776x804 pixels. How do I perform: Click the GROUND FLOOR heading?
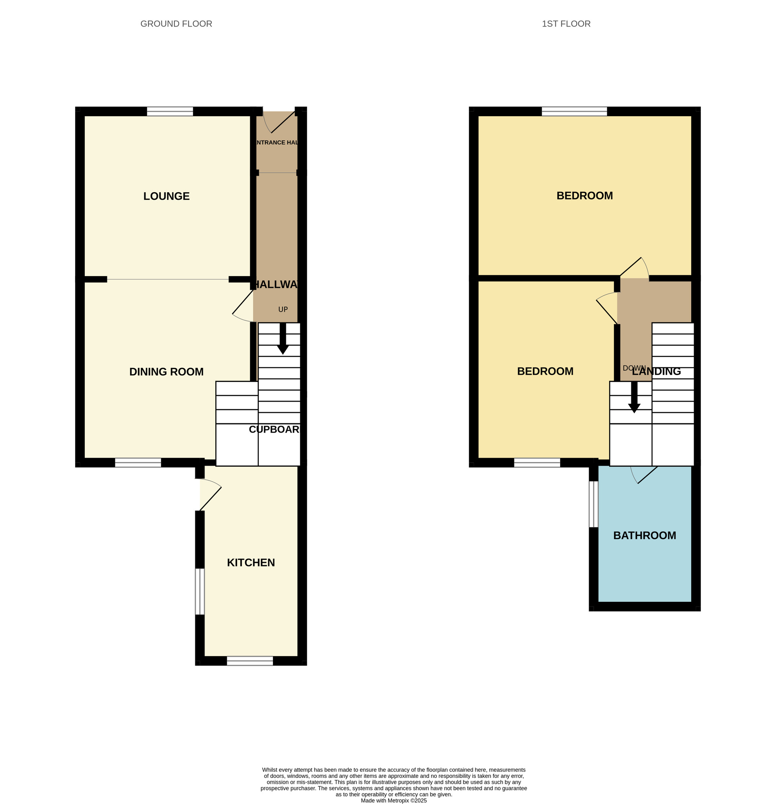click(176, 24)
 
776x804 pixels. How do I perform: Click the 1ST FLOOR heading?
click(565, 24)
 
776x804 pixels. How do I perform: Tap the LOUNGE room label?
click(166, 196)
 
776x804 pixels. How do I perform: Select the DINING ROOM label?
click(166, 371)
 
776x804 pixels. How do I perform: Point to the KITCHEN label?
click(251, 562)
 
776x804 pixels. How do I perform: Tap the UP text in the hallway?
click(283, 310)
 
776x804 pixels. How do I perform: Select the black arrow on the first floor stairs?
click(634, 398)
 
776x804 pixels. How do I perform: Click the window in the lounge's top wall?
click(170, 111)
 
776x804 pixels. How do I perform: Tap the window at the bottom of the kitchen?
click(250, 660)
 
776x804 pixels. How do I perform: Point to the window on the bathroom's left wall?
click(593, 504)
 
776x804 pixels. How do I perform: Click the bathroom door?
click(647, 475)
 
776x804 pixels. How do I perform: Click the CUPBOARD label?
click(274, 429)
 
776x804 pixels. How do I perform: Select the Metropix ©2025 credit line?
click(393, 800)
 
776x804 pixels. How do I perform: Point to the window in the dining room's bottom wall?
click(138, 462)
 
